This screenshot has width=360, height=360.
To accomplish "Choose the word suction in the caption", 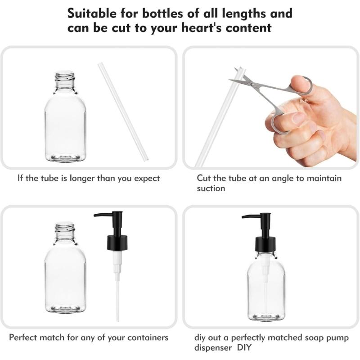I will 211,189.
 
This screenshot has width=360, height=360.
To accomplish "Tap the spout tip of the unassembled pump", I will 96,216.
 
